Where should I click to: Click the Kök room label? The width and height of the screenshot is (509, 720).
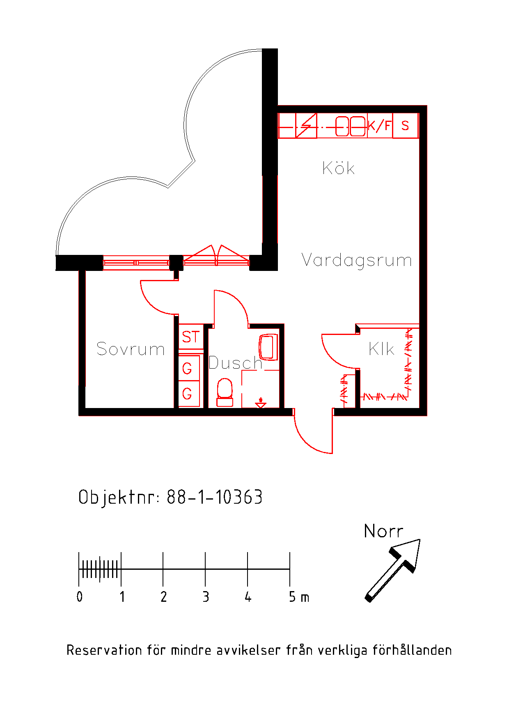click(338, 167)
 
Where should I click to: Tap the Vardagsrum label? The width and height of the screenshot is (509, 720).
click(356, 260)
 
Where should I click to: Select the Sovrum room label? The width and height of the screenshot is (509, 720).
click(131, 349)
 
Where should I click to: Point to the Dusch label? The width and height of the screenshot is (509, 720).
click(235, 362)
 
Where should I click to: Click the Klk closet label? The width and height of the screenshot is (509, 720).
click(381, 349)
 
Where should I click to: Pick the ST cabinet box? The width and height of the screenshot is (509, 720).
click(191, 337)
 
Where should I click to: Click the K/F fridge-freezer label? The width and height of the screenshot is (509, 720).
click(380, 125)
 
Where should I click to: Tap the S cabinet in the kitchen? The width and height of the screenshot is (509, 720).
click(405, 126)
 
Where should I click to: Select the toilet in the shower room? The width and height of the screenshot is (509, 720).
click(225, 392)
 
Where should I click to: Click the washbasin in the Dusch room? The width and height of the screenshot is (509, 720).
click(268, 347)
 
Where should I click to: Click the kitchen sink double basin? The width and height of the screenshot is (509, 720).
click(351, 126)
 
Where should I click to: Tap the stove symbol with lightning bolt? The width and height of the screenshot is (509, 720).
click(306, 126)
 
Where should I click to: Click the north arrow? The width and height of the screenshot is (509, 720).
click(393, 570)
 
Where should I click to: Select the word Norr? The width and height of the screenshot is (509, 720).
click(383, 531)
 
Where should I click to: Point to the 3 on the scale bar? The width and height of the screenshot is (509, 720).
click(206, 596)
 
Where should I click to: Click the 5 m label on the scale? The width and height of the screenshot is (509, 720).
click(299, 596)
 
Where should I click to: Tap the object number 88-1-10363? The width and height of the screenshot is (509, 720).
click(214, 497)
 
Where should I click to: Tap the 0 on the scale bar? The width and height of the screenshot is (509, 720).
click(80, 596)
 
